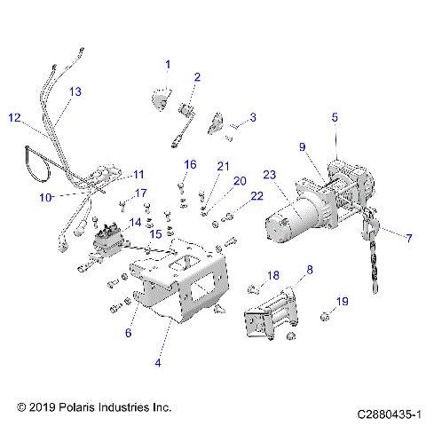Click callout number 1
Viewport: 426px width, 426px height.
point(168,64)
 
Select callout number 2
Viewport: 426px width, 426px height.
point(197,77)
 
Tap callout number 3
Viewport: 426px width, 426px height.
point(252,117)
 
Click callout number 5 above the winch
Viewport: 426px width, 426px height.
point(335,116)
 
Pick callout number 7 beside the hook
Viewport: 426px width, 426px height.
point(409,239)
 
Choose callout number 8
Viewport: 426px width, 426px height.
point(309,269)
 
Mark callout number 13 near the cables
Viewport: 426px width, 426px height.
point(75,91)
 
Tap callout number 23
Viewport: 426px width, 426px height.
point(268,175)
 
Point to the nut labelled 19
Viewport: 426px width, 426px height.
point(326,317)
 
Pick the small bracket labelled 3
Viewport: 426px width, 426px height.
point(217,123)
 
